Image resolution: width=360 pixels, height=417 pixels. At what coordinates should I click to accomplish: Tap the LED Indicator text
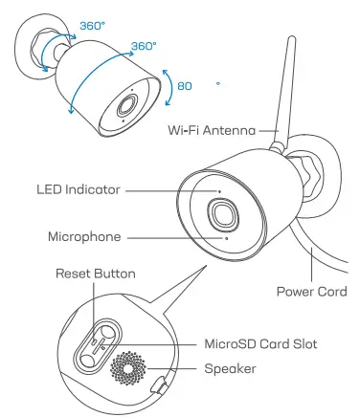coord(78,190)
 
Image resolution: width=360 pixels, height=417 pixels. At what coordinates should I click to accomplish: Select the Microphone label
coord(83,235)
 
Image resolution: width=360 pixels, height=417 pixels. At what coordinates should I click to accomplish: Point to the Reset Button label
coord(95,274)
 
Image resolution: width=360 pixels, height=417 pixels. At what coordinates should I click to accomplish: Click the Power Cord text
coord(310,291)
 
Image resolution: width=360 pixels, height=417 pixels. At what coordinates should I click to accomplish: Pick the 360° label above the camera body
coord(143,45)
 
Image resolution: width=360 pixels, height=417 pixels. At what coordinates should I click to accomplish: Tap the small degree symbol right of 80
coord(218,83)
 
